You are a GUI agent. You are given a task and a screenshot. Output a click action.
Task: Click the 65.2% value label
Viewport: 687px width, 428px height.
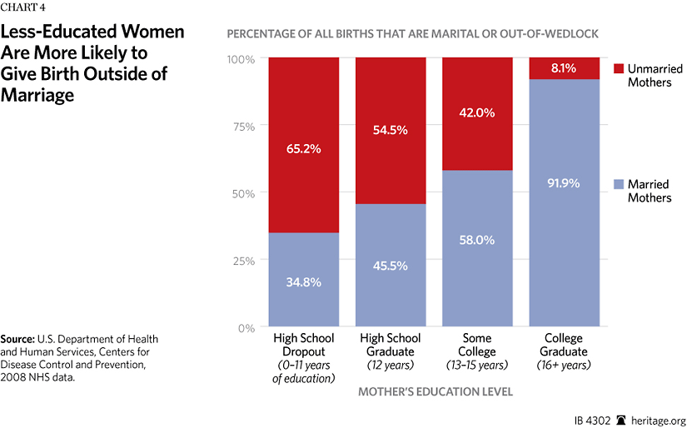304,149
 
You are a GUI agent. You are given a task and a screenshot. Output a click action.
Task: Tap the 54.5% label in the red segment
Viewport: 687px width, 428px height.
391,131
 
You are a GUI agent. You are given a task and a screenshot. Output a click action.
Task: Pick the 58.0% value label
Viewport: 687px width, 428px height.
478,240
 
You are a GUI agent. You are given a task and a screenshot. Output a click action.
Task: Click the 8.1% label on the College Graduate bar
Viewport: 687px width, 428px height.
565,68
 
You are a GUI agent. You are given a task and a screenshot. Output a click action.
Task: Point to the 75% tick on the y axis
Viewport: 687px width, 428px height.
244,126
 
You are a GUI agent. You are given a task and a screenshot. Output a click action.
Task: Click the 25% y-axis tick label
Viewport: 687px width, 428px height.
244,260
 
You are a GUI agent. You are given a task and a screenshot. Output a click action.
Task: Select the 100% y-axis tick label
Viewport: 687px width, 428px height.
241,59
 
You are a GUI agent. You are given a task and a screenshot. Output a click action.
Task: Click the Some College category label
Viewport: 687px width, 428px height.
478,345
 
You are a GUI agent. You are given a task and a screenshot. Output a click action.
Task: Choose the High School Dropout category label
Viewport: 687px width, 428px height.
304,345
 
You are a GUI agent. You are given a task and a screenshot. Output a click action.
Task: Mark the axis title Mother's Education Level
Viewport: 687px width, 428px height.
434,390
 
